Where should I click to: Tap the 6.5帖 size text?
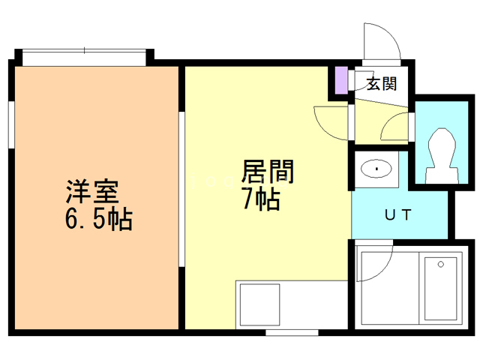(x=100, y=220)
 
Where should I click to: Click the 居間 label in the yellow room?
(x=267, y=172)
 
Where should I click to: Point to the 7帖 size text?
(x=260, y=199)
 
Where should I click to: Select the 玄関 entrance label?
(x=382, y=84)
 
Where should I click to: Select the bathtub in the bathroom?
(x=440, y=289)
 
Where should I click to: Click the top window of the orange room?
(x=83, y=52)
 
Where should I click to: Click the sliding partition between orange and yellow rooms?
(x=181, y=187)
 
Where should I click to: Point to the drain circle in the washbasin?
(x=375, y=169)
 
